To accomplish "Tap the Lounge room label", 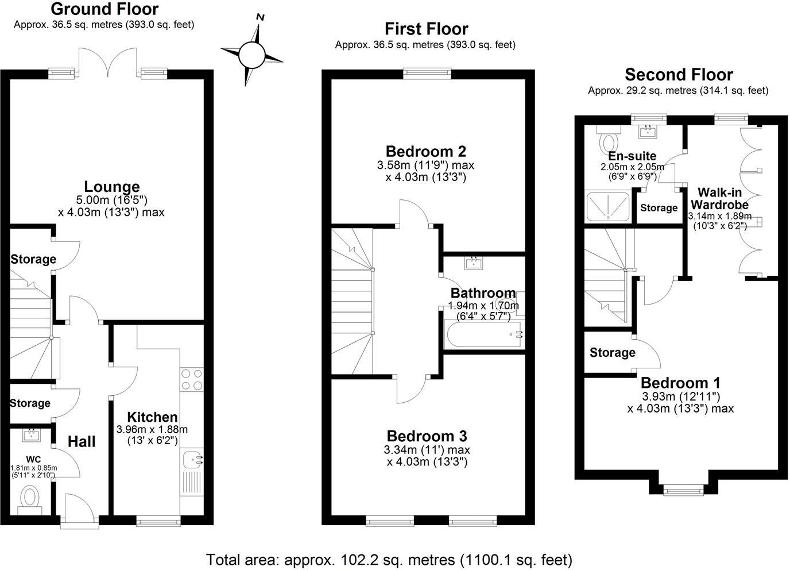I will click(x=112, y=187).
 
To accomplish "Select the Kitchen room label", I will click(x=152, y=417).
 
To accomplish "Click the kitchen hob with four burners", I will click(x=191, y=379).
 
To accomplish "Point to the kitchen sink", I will click(x=192, y=460).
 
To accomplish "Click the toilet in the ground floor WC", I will click(x=30, y=497).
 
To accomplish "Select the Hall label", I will click(x=82, y=442).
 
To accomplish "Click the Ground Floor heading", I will click(x=104, y=9).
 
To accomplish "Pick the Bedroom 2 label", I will click(x=425, y=152).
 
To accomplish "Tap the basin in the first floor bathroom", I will click(x=474, y=263).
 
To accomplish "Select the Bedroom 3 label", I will click(x=427, y=436).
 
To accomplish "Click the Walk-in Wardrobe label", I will click(x=719, y=198).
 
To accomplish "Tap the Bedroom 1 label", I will click(x=680, y=383).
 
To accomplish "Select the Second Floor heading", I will click(x=679, y=75).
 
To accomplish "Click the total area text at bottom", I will click(x=389, y=559).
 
